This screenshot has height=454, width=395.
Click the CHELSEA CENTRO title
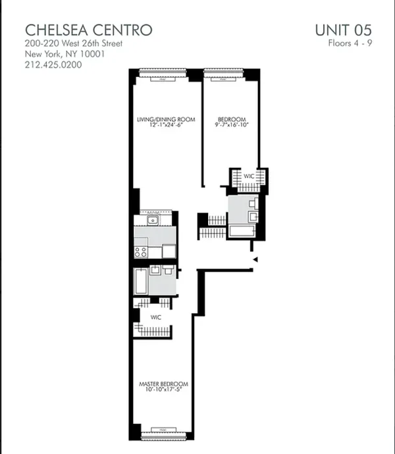click(89, 30)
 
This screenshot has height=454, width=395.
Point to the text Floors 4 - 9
click(350, 44)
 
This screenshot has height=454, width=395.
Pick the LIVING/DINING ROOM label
click(166, 120)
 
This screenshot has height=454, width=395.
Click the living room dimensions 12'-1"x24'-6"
click(166, 126)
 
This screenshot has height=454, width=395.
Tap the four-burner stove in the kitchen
click(141, 250)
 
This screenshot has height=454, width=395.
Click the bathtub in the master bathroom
click(140, 281)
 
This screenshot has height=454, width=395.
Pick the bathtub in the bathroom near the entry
click(245, 231)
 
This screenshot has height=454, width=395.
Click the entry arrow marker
click(253, 261)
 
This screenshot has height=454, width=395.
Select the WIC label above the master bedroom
click(156, 317)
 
